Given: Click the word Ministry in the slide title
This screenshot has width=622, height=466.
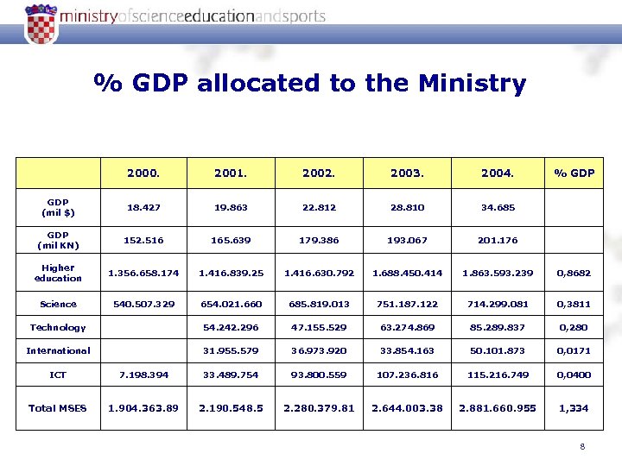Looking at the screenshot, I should (x=471, y=84).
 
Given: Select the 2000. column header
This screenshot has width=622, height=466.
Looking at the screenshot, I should (x=143, y=173).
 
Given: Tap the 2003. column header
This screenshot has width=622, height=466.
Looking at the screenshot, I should (x=407, y=173).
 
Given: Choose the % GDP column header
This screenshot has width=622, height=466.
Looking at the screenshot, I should (x=574, y=173).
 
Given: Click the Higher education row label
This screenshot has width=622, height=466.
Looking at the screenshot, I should (x=58, y=273).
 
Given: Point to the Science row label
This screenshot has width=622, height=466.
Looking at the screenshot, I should (x=58, y=304).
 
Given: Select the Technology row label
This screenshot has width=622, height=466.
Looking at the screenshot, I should (x=58, y=327).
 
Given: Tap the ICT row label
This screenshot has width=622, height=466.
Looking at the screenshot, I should (x=58, y=375).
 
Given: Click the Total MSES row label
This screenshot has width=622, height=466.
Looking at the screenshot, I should (x=58, y=407).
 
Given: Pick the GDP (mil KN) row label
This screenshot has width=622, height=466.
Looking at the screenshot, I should (x=58, y=240).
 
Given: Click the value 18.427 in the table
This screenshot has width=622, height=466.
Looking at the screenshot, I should (x=143, y=207).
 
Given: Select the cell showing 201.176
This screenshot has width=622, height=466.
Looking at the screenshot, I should (x=497, y=240).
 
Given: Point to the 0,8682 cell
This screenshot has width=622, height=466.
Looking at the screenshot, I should (x=574, y=273).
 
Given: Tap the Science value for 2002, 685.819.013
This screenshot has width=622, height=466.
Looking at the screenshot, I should (x=319, y=304).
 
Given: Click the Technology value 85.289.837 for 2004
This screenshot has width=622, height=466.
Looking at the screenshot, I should (x=497, y=327).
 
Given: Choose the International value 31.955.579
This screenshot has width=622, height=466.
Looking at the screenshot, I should (x=232, y=350).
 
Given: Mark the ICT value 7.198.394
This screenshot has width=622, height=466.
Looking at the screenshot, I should (x=143, y=375).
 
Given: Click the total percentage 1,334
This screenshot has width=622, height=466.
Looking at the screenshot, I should (x=574, y=407).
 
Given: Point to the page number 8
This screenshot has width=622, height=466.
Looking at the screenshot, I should (x=583, y=446).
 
